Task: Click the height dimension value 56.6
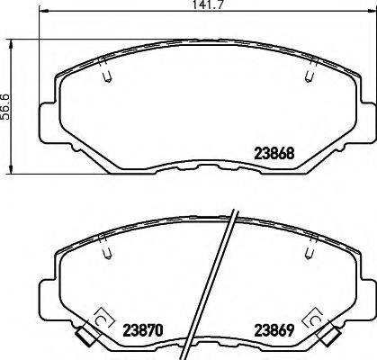(x=6, y=106)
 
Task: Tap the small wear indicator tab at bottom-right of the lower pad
(x=327, y=339)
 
